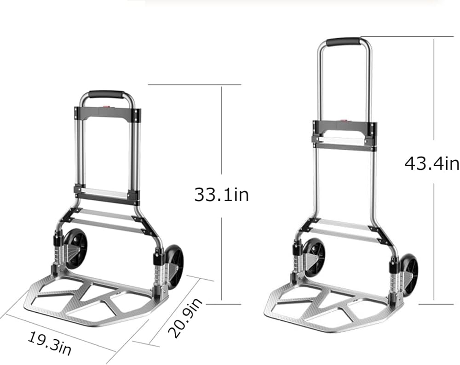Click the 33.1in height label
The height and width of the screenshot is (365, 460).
click(222, 195)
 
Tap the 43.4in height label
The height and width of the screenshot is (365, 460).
click(432, 163)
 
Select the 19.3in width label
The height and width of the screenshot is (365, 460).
click(50, 343)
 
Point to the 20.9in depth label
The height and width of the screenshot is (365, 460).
click(185, 318)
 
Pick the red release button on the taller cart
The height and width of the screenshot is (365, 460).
click(344, 121)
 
